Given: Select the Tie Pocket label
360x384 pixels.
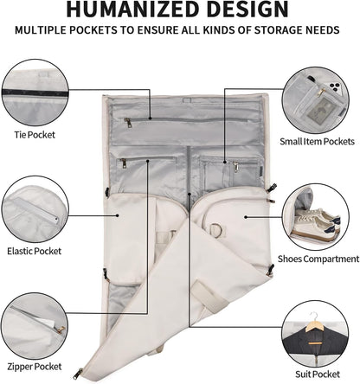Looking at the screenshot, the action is [35, 135].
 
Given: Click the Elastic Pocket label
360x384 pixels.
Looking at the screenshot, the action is [35, 251].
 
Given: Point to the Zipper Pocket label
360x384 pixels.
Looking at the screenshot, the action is [35, 367].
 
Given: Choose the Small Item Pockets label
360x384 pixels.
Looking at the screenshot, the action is [317, 142].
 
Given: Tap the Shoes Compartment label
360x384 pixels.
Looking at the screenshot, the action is [318, 259].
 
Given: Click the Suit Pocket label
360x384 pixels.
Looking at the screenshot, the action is [318, 374].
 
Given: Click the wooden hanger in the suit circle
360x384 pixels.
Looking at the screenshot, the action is [316, 326].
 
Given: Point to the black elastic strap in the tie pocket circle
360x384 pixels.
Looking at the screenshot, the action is [35, 93].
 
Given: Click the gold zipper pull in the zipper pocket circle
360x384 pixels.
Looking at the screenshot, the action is [61, 330].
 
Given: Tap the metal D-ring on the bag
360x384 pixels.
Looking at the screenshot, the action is [216, 229].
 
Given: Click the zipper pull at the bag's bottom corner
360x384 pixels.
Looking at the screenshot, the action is [78, 374].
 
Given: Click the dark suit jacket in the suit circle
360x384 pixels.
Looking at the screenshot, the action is [315, 342].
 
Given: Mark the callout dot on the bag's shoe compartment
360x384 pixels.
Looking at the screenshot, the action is [246, 217].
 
